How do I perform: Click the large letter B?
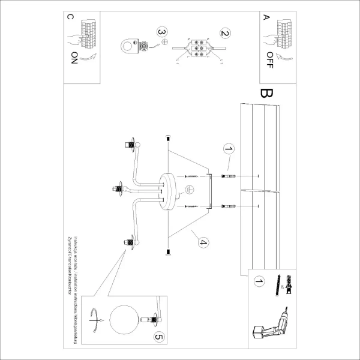pyautogui.click(x=266, y=96)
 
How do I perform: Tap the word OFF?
pyautogui.click(x=269, y=60)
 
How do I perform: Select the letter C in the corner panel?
pyautogui.click(x=71, y=17)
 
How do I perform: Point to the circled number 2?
pyautogui.click(x=225, y=34)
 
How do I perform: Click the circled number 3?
pyautogui.click(x=161, y=31)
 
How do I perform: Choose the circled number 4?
pyautogui.click(x=203, y=242)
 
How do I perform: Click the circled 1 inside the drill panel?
pyautogui.click(x=259, y=280)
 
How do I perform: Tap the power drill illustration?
pyautogui.click(x=270, y=323)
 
